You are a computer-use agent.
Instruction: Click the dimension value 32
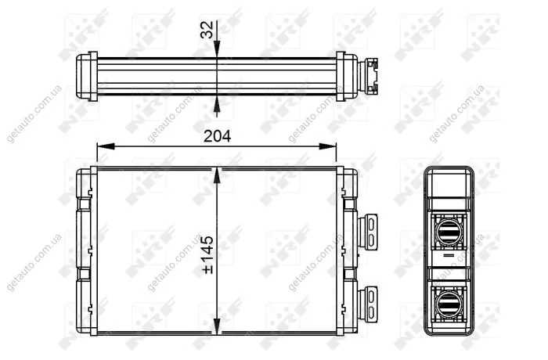tap(207, 30)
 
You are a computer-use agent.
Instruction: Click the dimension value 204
tap(217, 136)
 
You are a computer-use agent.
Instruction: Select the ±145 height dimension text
tap(207, 255)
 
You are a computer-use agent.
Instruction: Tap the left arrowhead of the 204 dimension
tap(106, 146)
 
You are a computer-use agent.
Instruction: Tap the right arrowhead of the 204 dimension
tap(327, 146)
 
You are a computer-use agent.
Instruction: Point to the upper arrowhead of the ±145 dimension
tap(217, 175)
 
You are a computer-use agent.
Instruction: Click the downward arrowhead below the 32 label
tap(217, 49)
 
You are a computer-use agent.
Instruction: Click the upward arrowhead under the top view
tap(217, 104)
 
